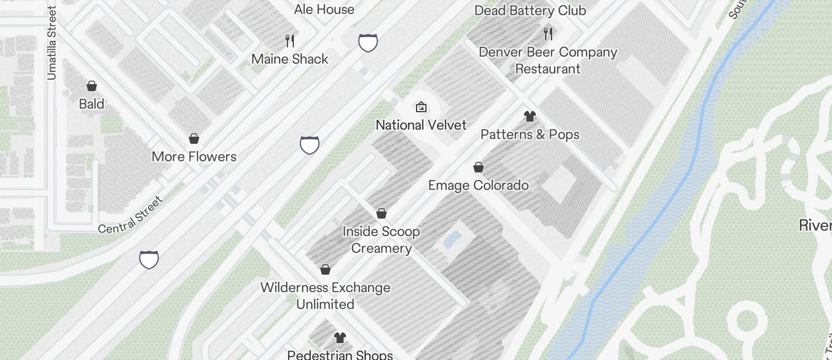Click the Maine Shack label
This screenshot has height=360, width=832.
tap(290, 59)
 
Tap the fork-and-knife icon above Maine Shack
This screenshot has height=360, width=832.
tap(290, 40)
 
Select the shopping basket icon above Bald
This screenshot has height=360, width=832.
tap(92, 86)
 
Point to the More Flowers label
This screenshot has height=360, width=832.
tap(194, 157)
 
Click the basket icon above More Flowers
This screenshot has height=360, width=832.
tap(194, 139)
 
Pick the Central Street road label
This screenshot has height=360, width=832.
tap(130, 214)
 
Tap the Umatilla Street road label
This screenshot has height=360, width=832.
tap(52, 43)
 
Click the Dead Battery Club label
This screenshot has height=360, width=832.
tap(530, 11)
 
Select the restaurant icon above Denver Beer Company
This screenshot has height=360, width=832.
tap(548, 33)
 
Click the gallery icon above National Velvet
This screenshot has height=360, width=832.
tap(421, 107)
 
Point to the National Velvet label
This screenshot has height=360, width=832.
tap(421, 125)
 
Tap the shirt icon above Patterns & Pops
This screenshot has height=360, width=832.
tap(530, 116)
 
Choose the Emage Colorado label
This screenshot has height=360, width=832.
tap(479, 185)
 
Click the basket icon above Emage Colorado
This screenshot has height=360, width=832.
tap(479, 168)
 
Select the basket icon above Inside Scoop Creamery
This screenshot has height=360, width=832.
tap(382, 213)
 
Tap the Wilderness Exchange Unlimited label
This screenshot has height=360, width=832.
tap(325, 296)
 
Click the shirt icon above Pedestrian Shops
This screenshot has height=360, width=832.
tap(340, 337)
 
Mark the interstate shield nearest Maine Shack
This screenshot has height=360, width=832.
tap(368, 43)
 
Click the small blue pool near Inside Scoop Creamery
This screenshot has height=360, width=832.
tap(452, 240)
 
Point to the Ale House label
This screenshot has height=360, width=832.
tap(324, 9)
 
